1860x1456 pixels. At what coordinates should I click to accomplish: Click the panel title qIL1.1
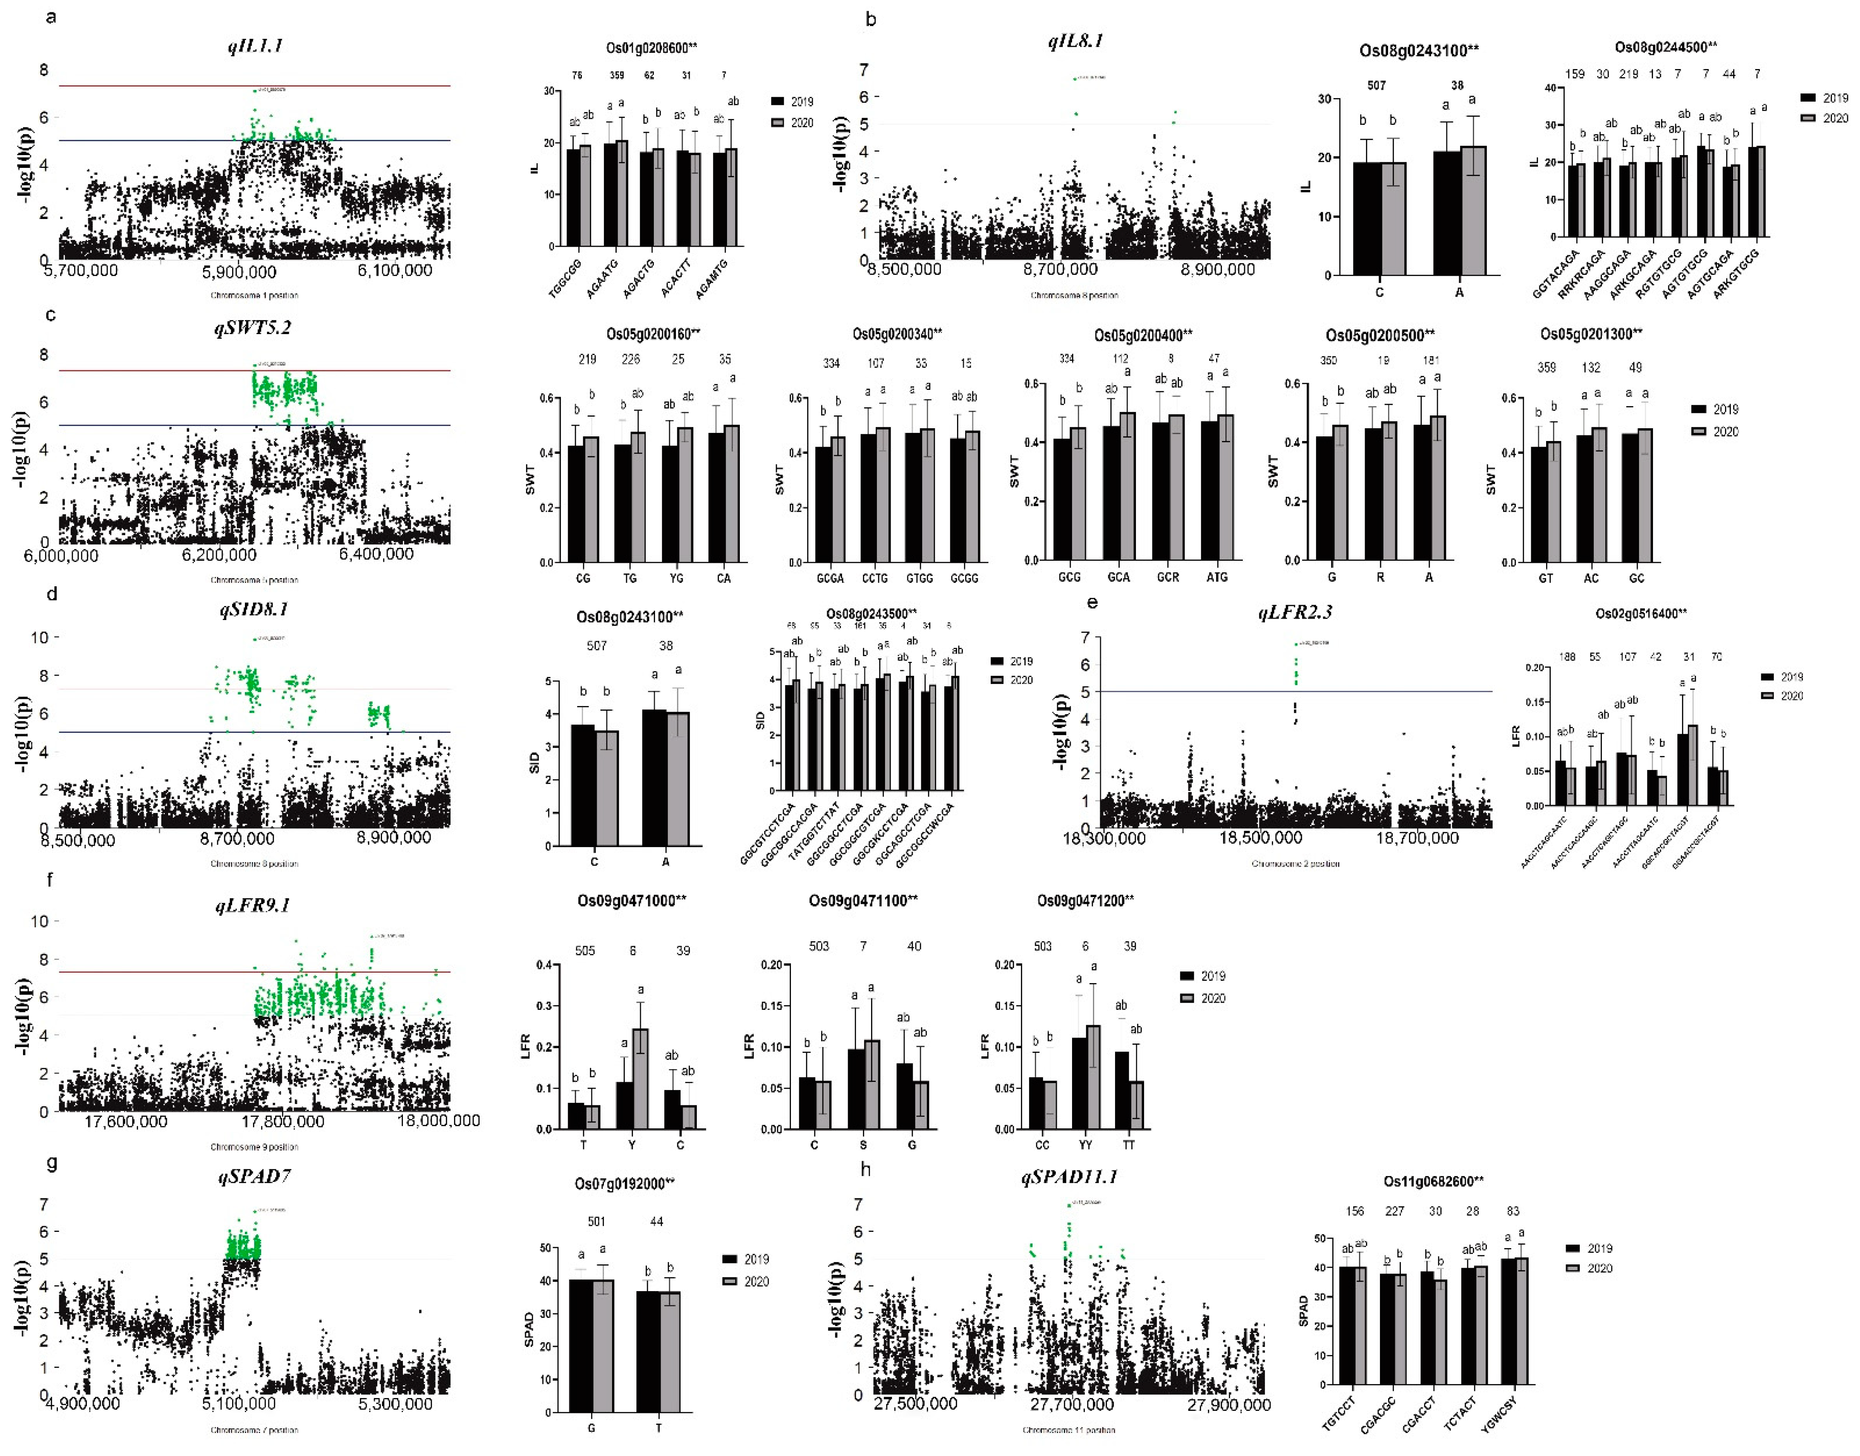click(255, 46)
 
